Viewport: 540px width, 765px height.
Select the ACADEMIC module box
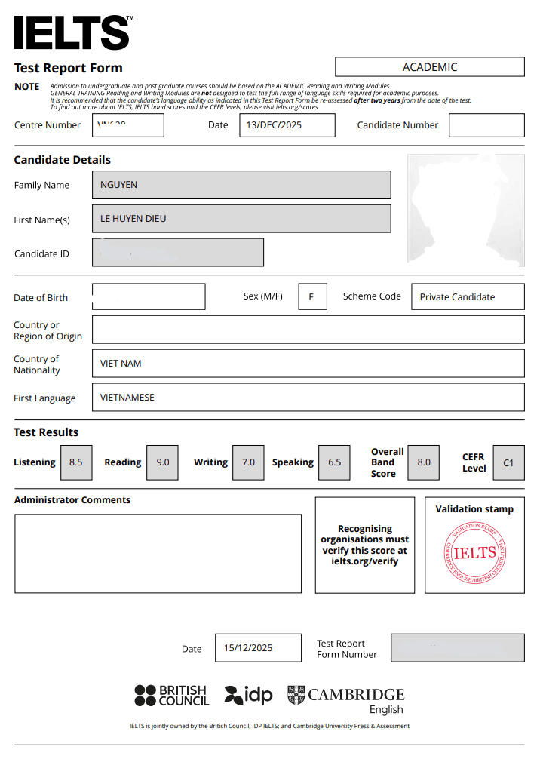429,67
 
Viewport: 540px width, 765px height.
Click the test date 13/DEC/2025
287,125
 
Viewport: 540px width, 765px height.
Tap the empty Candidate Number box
486,125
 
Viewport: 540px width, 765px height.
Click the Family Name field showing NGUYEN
241,185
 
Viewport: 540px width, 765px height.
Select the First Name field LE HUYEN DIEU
241,219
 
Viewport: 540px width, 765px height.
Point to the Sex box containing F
312,296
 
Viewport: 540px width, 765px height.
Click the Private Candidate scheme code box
468,296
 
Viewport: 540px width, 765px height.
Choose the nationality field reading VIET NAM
308,364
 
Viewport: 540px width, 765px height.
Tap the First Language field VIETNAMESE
308,398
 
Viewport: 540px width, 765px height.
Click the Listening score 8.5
76,462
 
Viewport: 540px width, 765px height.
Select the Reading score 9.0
163,462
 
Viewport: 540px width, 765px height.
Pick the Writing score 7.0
248,462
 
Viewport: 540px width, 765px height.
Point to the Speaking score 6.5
335,462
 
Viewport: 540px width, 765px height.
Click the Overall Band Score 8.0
424,462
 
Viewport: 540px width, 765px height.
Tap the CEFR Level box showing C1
508,462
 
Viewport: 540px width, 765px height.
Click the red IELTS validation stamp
475,552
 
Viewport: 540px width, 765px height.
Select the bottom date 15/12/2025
258,648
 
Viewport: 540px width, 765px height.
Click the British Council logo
172,695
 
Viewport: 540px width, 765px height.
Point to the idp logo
249,695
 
